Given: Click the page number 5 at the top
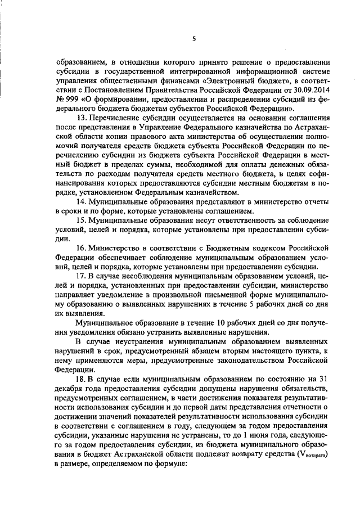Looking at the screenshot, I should tap(193, 39).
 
